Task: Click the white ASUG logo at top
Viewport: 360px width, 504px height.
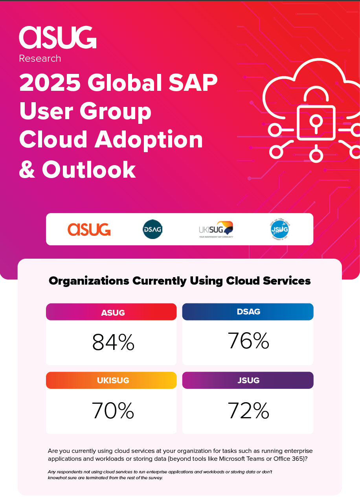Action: click(x=57, y=37)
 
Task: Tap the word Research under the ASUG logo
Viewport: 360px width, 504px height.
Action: click(x=40, y=59)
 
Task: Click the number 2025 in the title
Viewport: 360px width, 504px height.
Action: click(x=50, y=83)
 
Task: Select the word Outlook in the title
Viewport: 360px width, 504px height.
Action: click(x=89, y=169)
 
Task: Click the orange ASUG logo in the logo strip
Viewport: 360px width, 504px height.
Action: click(x=89, y=229)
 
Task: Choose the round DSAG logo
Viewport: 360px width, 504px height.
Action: click(x=152, y=229)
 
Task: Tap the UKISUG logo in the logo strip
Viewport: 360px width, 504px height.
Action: click(x=216, y=229)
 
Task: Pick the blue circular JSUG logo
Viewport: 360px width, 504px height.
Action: click(x=280, y=230)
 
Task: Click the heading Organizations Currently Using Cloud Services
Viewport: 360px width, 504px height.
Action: click(x=180, y=281)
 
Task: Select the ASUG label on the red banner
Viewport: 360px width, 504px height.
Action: click(x=113, y=313)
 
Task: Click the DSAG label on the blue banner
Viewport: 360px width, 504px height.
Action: click(x=249, y=312)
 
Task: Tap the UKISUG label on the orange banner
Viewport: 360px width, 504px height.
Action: click(x=113, y=380)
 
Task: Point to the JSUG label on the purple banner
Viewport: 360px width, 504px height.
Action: click(x=249, y=380)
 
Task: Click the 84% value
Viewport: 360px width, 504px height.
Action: click(x=113, y=342)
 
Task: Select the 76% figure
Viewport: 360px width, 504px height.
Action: click(x=248, y=341)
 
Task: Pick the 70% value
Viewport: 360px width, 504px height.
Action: click(x=113, y=410)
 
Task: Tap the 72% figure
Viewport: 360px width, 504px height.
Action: click(x=248, y=411)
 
